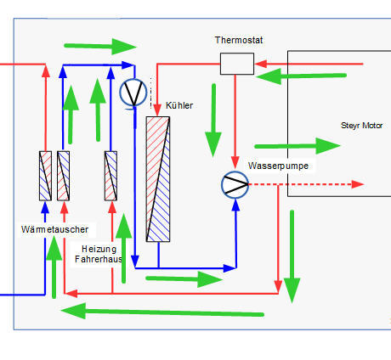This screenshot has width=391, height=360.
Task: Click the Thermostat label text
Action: [x=239, y=40]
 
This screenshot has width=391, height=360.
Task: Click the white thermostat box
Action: [x=237, y=64]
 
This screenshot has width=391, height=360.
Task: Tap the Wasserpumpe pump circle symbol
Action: [x=235, y=184]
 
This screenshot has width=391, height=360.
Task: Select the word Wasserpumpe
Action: [x=278, y=166]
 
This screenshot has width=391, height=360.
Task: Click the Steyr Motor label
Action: [x=361, y=126]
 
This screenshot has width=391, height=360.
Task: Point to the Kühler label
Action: [x=179, y=105]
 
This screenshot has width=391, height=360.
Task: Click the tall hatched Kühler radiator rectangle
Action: [x=158, y=179]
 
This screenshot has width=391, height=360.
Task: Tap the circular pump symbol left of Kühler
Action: [x=133, y=93]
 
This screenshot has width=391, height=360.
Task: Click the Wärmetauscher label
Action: [x=54, y=229]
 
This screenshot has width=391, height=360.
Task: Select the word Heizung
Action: [x=99, y=249]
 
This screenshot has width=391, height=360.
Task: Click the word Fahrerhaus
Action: [x=99, y=259]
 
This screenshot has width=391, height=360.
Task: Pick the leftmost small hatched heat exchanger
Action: [x=45, y=176]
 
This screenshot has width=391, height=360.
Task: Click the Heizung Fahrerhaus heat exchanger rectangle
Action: [x=110, y=176]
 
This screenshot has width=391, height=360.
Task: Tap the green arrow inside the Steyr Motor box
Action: [x=297, y=146]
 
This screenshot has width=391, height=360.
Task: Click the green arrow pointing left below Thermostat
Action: [x=301, y=76]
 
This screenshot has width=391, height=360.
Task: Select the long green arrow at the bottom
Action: [x=162, y=312]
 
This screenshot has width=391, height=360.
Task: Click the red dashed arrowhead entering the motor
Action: [x=358, y=184]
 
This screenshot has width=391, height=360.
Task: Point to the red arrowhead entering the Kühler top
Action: [x=157, y=110]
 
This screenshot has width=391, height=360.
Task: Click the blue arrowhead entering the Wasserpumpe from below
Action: [x=235, y=205]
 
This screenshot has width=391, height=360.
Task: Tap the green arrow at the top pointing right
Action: [x=100, y=47]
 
